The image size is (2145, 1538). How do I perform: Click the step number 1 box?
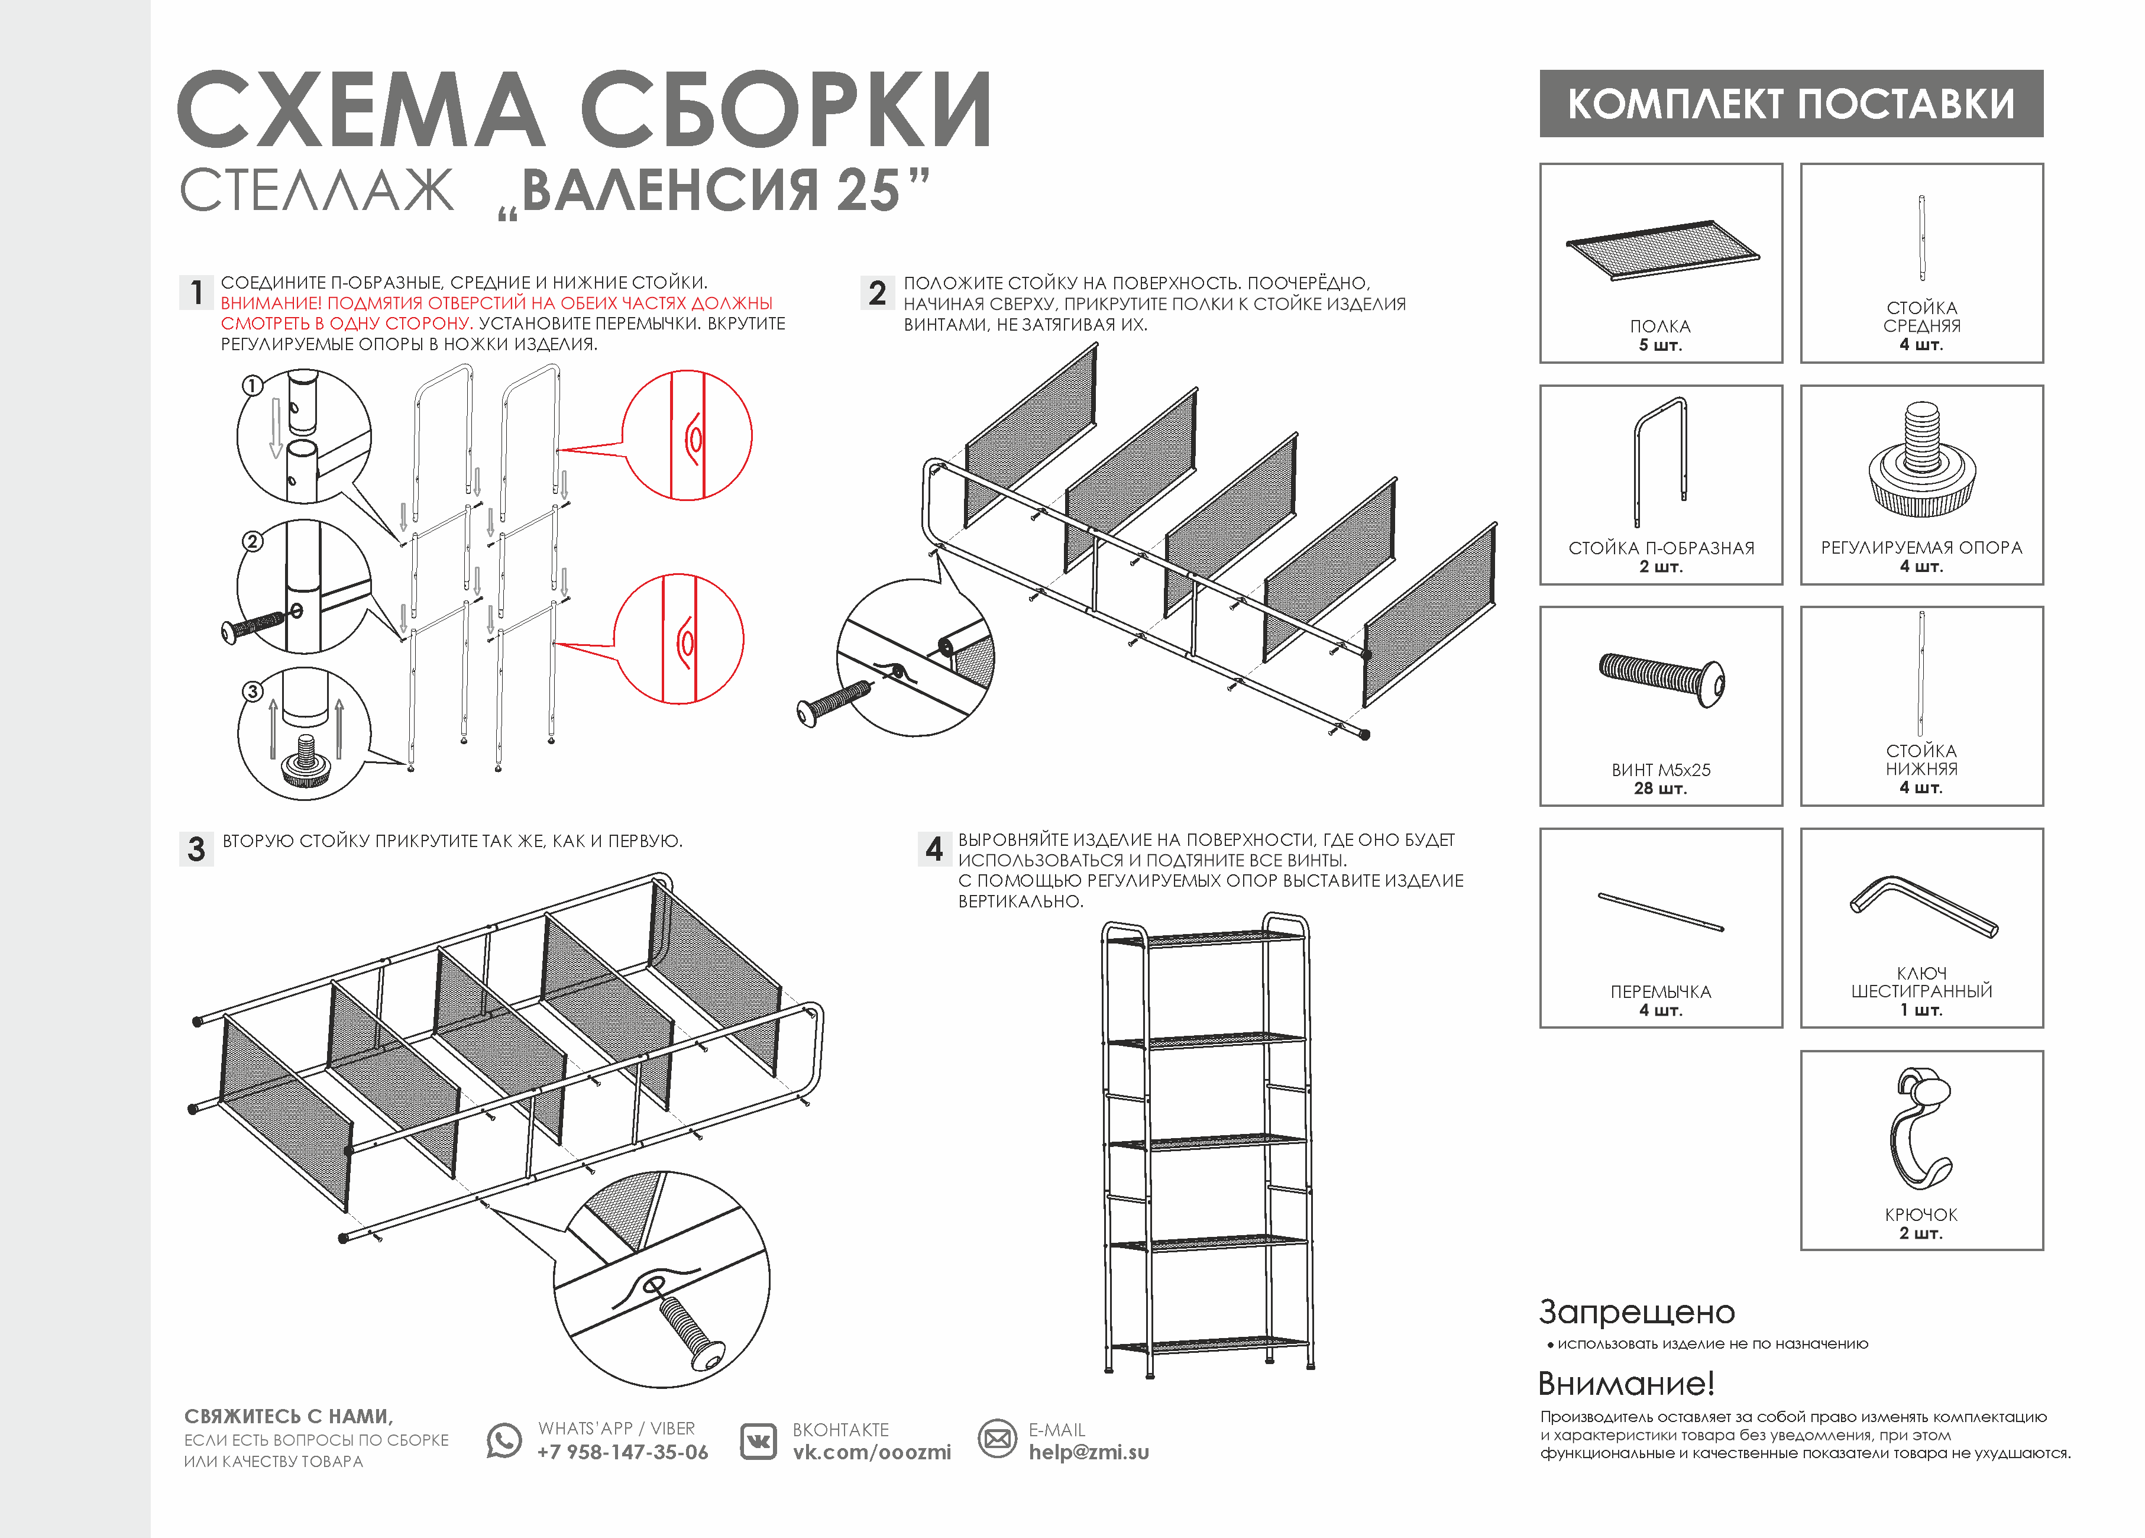point(196,292)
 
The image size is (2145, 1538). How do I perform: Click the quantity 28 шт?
point(1661,788)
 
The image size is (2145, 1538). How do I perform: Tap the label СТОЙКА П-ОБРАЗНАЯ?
point(1661,548)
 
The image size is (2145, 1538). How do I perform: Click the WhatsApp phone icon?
point(504,1440)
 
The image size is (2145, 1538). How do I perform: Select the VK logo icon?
point(758,1440)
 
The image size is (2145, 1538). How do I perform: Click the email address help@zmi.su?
point(1089,1452)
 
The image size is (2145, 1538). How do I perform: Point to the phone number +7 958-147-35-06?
point(622,1452)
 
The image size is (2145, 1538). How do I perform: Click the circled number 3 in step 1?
point(253,692)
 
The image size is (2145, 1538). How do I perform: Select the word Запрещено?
point(1636,1312)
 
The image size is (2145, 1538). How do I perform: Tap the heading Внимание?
point(1626,1383)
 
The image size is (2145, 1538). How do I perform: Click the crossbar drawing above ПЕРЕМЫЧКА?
point(1661,912)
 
